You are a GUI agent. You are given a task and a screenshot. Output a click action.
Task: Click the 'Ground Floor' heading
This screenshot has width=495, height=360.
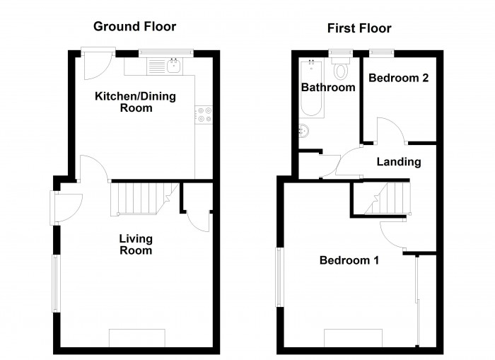tap(134, 27)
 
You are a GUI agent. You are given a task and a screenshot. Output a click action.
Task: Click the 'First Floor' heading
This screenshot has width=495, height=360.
tap(359, 28)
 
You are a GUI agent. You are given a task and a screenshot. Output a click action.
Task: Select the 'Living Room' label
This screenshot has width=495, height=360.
tap(135, 244)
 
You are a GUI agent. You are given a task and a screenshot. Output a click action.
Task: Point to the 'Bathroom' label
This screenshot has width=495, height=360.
tap(327, 88)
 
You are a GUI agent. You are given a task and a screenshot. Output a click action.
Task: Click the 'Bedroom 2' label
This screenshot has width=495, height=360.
tap(398, 78)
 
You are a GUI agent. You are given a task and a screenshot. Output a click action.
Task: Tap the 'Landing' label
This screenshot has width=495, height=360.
tap(398, 162)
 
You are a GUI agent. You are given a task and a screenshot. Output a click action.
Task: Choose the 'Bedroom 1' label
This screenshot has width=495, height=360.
tap(349, 260)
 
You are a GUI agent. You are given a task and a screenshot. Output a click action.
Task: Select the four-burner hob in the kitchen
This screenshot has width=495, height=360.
tap(204, 115)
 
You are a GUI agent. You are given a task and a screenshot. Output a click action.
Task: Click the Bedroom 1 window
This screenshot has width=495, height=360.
tap(279, 277)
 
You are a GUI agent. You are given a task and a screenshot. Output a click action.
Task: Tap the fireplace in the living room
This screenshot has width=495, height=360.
tap(136, 337)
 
